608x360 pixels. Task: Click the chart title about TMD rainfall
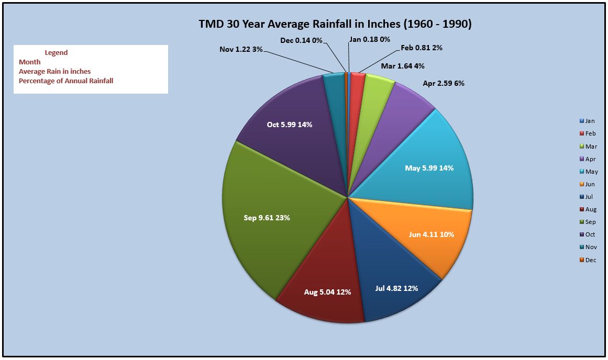(x=335, y=24)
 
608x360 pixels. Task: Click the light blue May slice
(x=426, y=166)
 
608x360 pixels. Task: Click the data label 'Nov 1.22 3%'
(x=241, y=49)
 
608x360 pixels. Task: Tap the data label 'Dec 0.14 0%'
(x=301, y=40)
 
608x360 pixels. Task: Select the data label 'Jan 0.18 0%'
(x=370, y=39)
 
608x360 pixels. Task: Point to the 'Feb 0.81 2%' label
(x=422, y=48)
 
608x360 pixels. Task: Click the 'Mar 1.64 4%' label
(x=403, y=66)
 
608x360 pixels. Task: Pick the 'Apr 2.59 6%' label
(x=443, y=83)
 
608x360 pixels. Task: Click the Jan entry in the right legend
(x=587, y=121)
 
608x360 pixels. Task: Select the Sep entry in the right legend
(x=588, y=222)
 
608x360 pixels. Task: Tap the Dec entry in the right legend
(x=588, y=260)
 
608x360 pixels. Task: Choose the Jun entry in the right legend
(x=587, y=184)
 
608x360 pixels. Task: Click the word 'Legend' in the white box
(x=56, y=53)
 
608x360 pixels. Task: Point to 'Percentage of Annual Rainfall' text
(x=66, y=81)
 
